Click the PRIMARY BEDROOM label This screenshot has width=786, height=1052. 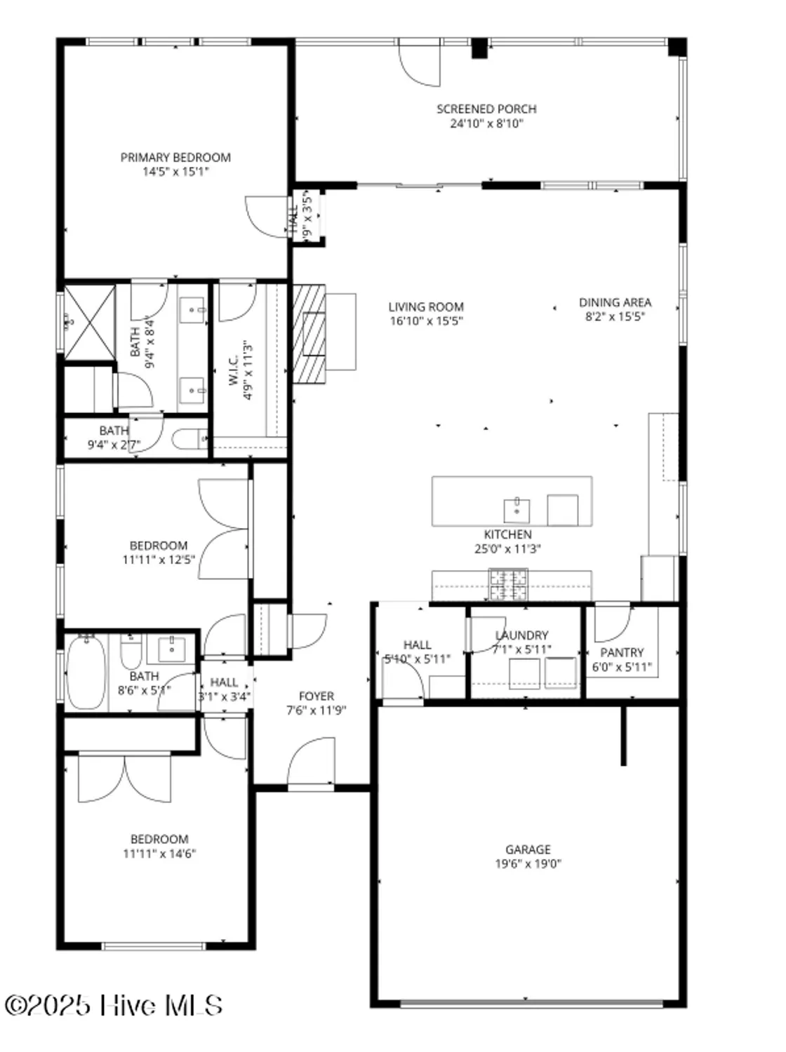[x=175, y=158]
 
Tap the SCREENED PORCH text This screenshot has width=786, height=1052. [x=486, y=109]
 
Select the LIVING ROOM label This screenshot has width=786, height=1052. [x=426, y=307]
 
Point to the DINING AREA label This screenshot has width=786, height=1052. [x=615, y=302]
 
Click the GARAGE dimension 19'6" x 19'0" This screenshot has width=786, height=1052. [x=528, y=864]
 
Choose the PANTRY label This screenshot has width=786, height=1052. [x=622, y=652]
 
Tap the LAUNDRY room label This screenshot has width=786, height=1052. [x=521, y=635]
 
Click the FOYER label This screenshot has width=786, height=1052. [x=317, y=696]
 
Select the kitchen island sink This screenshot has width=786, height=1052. [x=517, y=510]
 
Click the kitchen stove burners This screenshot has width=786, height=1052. [x=508, y=584]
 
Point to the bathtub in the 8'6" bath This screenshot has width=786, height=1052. [x=86, y=672]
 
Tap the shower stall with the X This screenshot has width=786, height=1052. [x=90, y=323]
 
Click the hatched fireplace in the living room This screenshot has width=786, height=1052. [x=309, y=333]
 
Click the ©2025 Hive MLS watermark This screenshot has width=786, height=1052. [x=114, y=1005]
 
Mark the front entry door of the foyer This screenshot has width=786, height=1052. [x=312, y=764]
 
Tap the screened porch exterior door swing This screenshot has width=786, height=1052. [x=420, y=63]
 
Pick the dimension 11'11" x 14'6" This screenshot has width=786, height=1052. [x=159, y=854]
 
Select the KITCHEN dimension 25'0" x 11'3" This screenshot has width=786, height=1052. [x=507, y=549]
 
